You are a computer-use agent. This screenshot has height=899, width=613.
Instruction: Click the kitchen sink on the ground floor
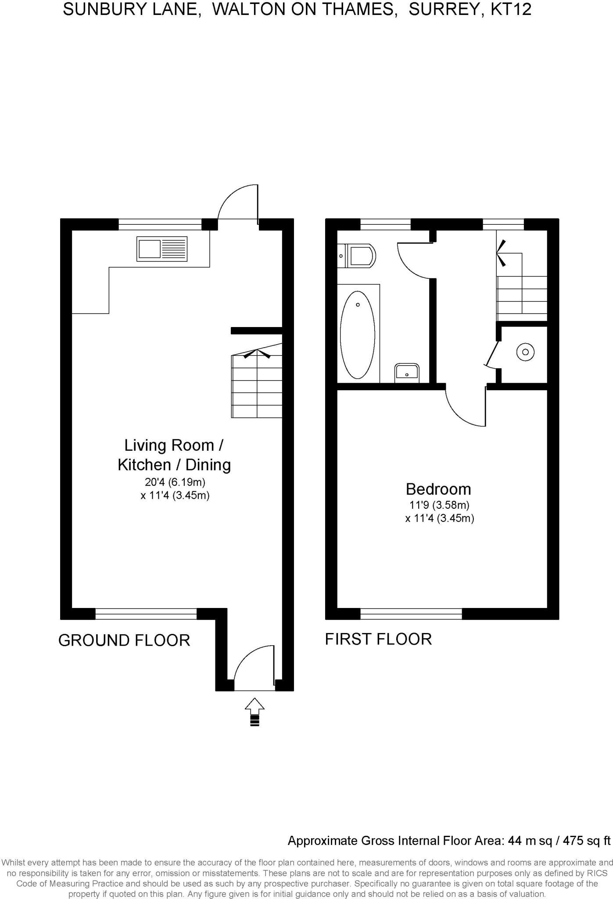coord(162,249)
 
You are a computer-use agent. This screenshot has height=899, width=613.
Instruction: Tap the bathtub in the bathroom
coord(358,334)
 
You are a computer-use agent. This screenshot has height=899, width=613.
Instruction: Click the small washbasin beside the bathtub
coord(407,372)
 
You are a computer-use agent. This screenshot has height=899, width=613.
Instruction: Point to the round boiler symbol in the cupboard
coord(525,352)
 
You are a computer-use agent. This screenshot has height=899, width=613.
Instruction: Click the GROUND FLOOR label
coord(124,640)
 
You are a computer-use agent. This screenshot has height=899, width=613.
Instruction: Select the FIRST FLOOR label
coord(378,639)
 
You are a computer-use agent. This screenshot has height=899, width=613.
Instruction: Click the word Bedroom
coord(438,489)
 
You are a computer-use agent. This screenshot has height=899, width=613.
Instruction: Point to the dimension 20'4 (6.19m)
coord(175,482)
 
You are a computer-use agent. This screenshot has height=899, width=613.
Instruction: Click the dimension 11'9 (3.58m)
coord(439,505)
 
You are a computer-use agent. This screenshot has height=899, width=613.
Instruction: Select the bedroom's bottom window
coord(411,614)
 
